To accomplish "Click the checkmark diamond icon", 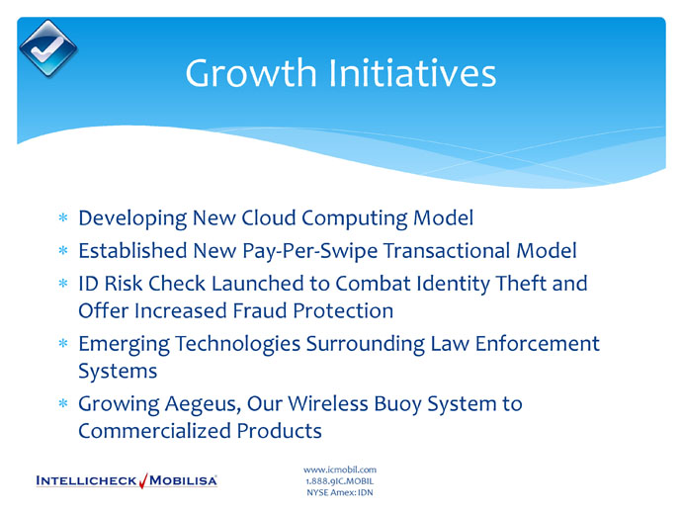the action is point(47,48).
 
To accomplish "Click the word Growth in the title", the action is point(251,72).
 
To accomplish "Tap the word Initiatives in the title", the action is point(412,72).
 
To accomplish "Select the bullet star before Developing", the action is point(63,217).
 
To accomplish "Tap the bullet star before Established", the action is point(63,250).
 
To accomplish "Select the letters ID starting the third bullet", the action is point(88,284).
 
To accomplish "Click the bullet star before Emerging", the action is point(63,343).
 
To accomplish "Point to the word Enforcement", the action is point(537,343).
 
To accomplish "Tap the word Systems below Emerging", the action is point(118,371).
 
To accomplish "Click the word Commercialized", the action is point(154,431).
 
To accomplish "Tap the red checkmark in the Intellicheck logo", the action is point(143,480).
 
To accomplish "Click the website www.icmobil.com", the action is point(340,469).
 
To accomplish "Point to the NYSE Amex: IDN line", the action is point(340,492).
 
